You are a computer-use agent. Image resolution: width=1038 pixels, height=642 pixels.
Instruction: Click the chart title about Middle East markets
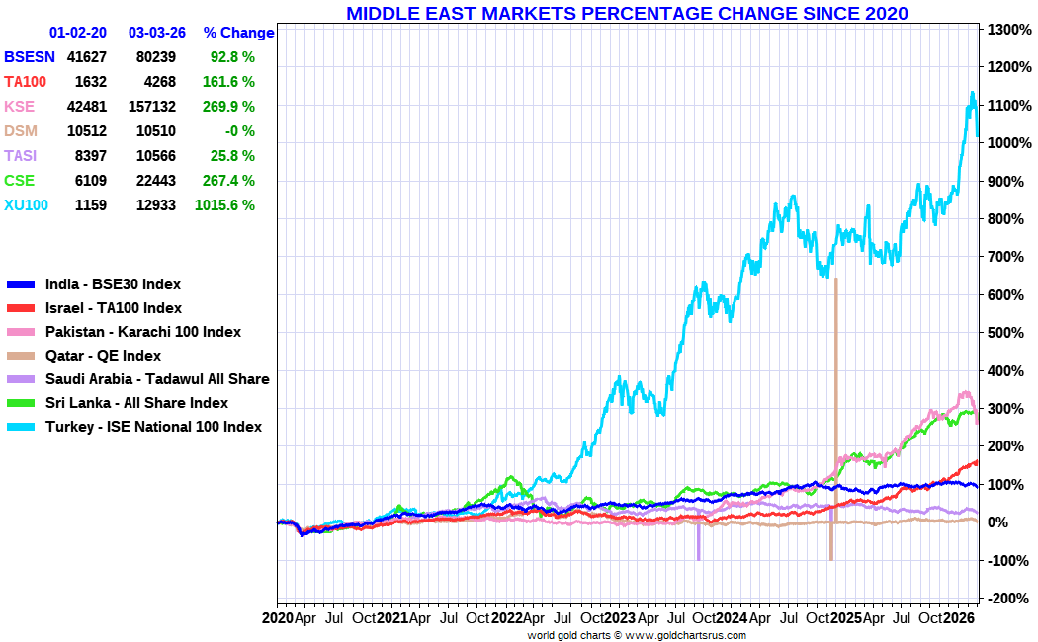coord(627,13)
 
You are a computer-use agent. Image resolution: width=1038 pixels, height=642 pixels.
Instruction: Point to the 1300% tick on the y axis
coord(1006,30)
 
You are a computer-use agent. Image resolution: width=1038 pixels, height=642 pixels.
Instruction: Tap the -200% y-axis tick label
coord(1006,599)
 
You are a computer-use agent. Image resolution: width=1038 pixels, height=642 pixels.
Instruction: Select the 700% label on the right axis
coord(1002,257)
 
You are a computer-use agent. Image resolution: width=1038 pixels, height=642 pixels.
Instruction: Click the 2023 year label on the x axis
coord(620,619)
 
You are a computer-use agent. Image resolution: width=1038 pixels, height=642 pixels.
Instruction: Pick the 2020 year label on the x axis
coord(279,619)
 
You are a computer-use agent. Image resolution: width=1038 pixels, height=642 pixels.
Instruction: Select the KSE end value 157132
coord(152,107)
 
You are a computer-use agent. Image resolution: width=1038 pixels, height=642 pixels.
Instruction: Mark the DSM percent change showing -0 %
coord(238,131)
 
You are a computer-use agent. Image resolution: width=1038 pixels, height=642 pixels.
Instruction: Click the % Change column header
coord(238,33)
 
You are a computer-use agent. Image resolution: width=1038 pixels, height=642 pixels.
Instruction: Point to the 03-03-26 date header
coord(157,33)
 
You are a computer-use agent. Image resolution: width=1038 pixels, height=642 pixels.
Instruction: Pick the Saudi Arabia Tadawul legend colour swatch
coord(21,379)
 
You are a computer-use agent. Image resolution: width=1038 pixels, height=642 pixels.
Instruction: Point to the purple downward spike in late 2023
coord(698,548)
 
